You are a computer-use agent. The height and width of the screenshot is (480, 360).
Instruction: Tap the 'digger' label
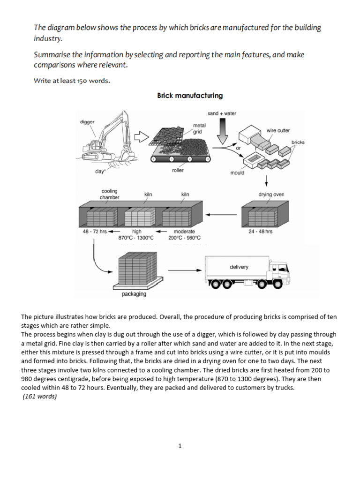point(87,122)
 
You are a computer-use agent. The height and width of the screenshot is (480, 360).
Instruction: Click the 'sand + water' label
point(222,113)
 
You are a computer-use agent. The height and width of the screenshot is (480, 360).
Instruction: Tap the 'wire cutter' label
point(278,130)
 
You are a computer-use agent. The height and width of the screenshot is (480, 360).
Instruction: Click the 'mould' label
point(237,173)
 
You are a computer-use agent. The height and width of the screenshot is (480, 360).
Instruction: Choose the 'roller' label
point(178,171)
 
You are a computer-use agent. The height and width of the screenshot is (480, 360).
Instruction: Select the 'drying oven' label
point(271,194)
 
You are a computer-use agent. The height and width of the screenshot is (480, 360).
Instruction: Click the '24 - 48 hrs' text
point(260,232)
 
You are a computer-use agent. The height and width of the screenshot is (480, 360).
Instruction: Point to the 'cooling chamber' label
point(109,194)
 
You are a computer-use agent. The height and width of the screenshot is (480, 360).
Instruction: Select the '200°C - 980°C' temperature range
point(184,238)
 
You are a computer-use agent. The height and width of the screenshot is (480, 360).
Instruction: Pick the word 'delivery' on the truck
point(239,267)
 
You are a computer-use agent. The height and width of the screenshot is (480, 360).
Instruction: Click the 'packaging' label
point(134,294)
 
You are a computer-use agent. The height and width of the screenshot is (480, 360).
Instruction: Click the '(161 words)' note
point(39,397)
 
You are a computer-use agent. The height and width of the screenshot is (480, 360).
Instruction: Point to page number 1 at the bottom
point(180,446)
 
